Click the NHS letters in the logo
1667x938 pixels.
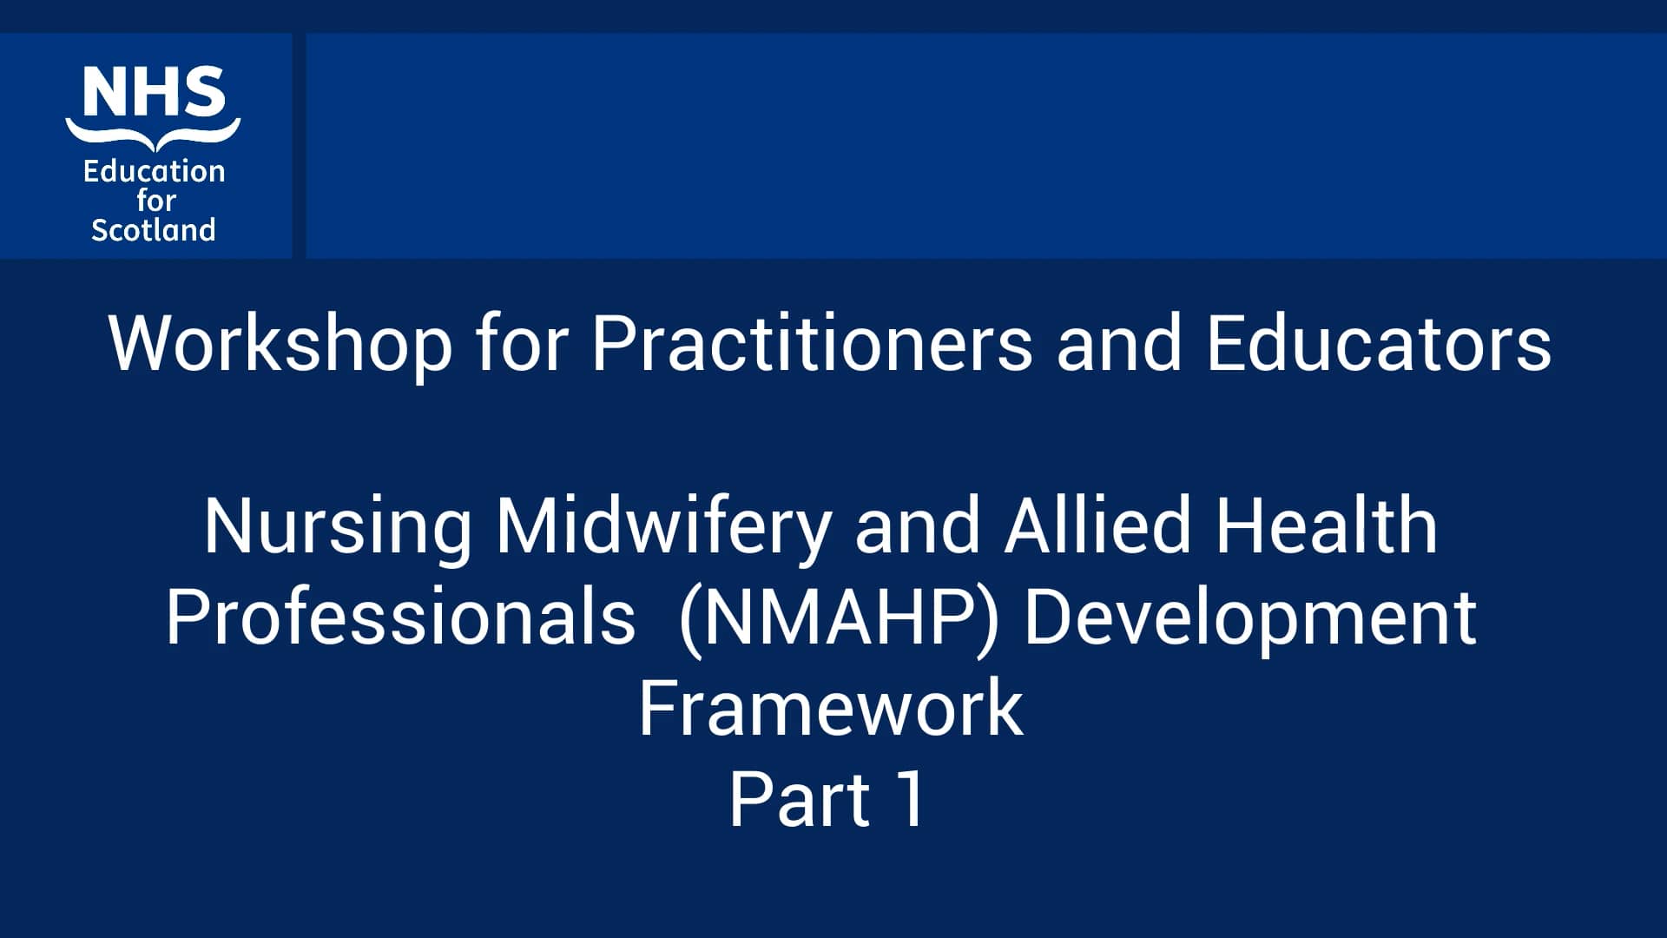154,93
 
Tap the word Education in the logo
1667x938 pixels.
154,171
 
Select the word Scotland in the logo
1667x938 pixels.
154,230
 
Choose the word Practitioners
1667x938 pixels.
812,344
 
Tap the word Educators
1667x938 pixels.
1378,344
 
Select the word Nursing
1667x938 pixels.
338,527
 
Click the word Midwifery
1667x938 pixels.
664,527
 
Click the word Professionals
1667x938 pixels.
400,618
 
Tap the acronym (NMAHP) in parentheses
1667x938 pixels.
839,618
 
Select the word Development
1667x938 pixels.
1250,618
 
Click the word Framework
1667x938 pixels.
831,709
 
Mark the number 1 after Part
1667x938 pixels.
912,800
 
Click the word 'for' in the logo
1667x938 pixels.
155,201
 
